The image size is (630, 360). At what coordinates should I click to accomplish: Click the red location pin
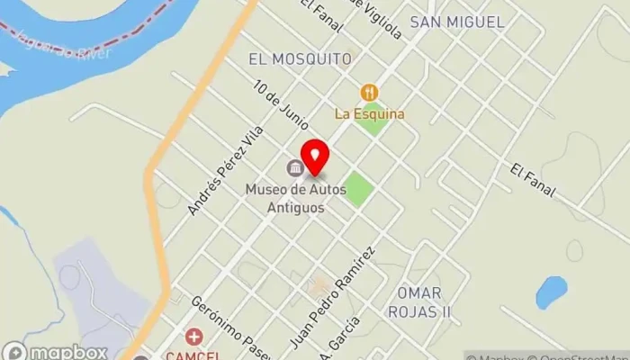click(314, 155)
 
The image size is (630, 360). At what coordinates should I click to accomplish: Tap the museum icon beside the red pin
click(293, 168)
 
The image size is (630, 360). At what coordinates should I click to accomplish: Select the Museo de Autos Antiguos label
click(284, 198)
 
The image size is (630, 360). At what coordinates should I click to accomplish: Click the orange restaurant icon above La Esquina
click(369, 92)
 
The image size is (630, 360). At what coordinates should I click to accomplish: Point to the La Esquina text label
click(369, 114)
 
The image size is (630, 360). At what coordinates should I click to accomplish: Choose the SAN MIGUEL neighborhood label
click(456, 22)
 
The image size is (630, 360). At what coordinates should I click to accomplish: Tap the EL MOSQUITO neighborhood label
click(300, 58)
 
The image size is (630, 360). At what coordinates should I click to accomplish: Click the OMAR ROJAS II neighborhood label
click(418, 302)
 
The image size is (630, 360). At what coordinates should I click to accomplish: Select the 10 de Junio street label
click(282, 106)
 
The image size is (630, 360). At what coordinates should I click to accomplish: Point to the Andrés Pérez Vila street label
click(225, 169)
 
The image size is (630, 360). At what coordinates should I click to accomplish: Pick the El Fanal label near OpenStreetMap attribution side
click(532, 181)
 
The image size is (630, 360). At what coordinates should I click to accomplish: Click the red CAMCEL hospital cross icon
click(193, 337)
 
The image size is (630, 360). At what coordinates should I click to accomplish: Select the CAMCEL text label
click(193, 354)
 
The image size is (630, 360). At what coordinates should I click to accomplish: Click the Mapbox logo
click(55, 351)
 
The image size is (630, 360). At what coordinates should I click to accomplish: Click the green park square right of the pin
click(358, 189)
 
